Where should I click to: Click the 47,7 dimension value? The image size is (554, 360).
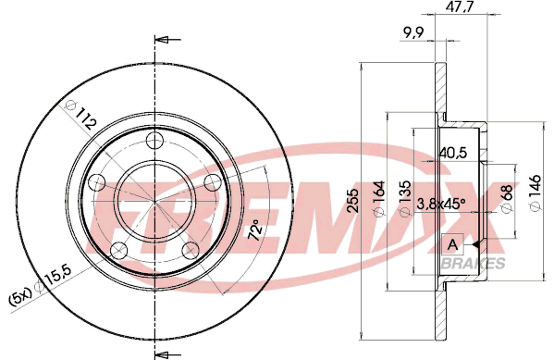(x=457, y=7)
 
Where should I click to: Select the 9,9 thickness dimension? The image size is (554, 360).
(x=413, y=33)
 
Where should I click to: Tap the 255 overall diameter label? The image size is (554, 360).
(x=352, y=201)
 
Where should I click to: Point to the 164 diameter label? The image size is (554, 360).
(x=379, y=198)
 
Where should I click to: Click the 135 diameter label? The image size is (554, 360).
(x=405, y=198)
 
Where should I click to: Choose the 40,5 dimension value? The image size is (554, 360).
(x=453, y=153)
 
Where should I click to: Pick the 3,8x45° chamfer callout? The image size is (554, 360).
(x=441, y=204)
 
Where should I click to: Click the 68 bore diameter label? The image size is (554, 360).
(x=508, y=198)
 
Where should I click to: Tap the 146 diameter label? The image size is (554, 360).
(x=536, y=192)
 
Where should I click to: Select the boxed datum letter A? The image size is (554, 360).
(x=452, y=244)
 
